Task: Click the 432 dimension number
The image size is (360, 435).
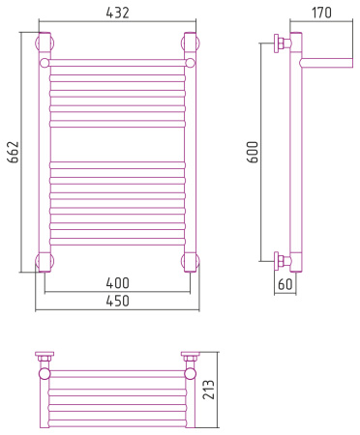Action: (117, 13)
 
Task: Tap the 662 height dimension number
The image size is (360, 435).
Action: (14, 152)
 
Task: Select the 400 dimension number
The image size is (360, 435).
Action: (117, 283)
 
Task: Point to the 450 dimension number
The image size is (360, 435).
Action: (117, 301)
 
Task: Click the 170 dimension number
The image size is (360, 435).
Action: (321, 13)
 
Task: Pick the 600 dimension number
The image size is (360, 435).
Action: (253, 152)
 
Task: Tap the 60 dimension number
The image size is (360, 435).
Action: (285, 284)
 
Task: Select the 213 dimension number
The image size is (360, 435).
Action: (209, 390)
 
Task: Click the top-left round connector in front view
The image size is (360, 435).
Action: (45, 43)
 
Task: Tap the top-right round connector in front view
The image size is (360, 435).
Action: (191, 43)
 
